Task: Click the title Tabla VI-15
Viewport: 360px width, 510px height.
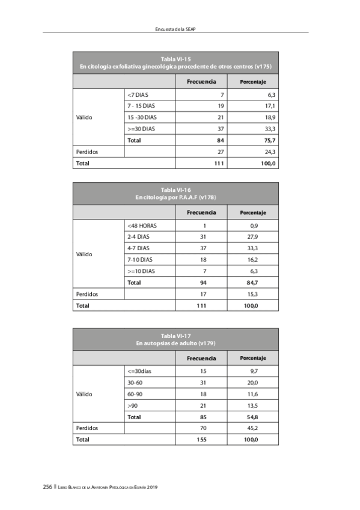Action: pyautogui.click(x=175, y=59)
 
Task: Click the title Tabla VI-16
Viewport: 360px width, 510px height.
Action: pyautogui.click(x=175, y=190)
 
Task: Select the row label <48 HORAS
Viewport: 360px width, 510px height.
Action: pyautogui.click(x=142, y=226)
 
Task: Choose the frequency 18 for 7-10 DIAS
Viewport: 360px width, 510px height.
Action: pyautogui.click(x=203, y=260)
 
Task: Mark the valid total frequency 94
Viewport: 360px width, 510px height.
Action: pyautogui.click(x=203, y=283)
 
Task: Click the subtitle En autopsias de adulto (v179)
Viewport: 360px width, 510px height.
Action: pyautogui.click(x=175, y=343)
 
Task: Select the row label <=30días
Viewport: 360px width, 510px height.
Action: pyautogui.click(x=139, y=371)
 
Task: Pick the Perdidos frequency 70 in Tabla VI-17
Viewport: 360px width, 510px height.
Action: pyautogui.click(x=203, y=428)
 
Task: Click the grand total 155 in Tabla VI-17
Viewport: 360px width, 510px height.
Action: pyautogui.click(x=202, y=440)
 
